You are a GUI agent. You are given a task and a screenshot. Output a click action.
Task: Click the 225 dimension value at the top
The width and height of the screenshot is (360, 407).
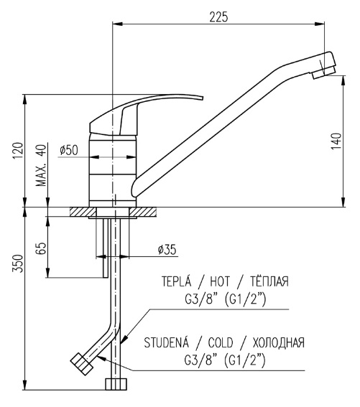(218, 17)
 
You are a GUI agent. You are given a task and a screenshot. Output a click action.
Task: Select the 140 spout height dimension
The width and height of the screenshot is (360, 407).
(336, 141)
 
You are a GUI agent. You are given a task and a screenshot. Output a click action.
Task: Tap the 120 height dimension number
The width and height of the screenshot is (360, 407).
(18, 151)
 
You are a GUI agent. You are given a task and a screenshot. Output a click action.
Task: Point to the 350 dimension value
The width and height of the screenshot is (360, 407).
(18, 263)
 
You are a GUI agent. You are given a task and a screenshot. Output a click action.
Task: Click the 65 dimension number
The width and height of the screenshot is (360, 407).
(41, 248)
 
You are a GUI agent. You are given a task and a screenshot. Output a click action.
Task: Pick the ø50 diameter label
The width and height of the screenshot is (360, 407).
(68, 150)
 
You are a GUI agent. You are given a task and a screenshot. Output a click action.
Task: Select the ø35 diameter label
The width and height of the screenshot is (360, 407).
(167, 250)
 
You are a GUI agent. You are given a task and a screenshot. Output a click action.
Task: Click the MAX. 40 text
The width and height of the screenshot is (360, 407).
(41, 165)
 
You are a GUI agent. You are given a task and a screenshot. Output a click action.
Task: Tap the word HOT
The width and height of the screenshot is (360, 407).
(220, 281)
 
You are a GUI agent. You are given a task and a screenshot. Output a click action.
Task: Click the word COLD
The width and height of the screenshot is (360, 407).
(221, 342)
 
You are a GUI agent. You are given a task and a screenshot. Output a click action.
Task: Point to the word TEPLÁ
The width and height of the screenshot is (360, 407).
(177, 281)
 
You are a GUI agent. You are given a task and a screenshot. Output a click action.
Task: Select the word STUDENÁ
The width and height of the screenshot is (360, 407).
(167, 342)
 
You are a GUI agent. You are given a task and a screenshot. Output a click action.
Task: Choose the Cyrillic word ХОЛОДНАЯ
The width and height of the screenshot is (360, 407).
(278, 342)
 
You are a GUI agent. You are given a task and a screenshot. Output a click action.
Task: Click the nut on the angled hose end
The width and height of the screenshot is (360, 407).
(82, 364)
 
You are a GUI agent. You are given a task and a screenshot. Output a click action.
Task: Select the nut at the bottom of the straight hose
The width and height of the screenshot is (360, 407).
(116, 384)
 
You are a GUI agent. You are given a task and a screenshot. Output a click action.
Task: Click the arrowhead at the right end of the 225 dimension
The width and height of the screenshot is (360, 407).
(320, 24)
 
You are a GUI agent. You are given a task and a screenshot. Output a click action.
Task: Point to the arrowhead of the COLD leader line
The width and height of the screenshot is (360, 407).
(101, 358)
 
